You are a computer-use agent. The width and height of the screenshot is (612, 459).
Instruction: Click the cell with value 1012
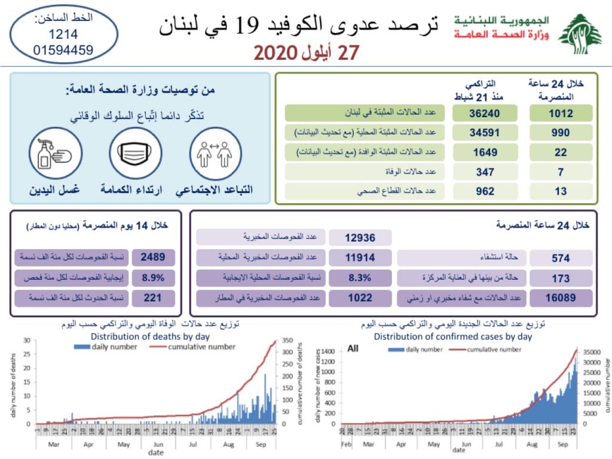(561, 114)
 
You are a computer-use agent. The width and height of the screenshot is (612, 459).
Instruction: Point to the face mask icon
(136, 153)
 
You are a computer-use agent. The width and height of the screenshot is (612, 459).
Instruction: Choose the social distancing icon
(215, 153)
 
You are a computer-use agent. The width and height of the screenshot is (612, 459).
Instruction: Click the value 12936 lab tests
(360, 238)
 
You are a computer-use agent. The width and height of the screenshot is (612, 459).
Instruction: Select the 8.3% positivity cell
(360, 278)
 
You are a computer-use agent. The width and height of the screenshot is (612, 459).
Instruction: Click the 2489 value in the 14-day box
(153, 258)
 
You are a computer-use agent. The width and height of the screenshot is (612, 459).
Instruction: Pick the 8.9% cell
(153, 278)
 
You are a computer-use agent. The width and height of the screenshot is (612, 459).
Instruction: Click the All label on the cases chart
(353, 348)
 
